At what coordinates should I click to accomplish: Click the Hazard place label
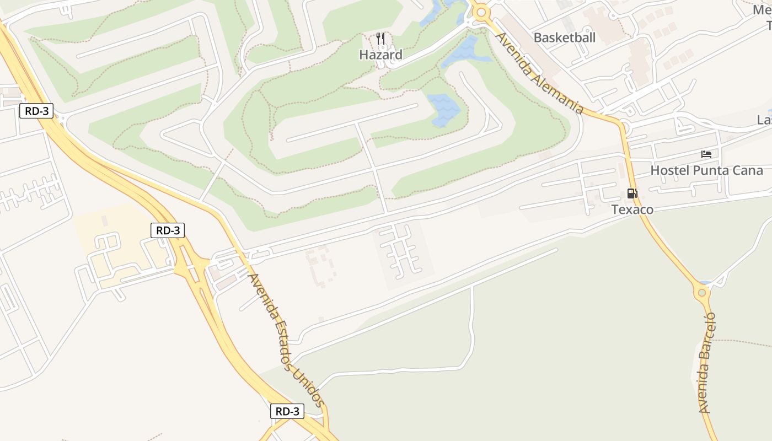(380, 55)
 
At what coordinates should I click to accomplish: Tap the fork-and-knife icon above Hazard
(380, 39)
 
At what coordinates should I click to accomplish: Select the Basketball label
(565, 37)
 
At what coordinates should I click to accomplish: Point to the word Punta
(709, 170)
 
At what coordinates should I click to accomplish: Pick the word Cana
(748, 170)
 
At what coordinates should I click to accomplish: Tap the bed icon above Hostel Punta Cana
(706, 154)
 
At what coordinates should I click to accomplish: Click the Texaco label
(632, 209)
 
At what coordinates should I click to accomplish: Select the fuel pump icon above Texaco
(632, 193)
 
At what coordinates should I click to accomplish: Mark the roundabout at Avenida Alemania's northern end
(481, 12)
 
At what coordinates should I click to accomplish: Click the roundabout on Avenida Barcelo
(701, 292)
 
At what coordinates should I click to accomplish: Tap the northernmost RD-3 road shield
(37, 111)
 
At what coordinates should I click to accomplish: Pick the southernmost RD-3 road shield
(287, 411)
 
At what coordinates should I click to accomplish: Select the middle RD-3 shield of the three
(168, 230)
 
